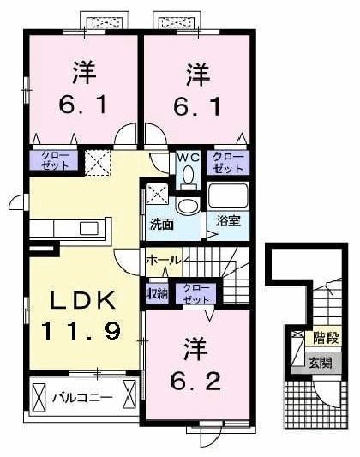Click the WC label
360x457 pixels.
(188, 157)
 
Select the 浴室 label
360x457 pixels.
(227, 220)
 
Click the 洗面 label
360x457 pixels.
(162, 225)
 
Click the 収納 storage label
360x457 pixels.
(158, 292)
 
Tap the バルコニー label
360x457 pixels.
(84, 397)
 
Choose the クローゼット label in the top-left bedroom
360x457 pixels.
(53, 159)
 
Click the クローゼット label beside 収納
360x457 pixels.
(195, 292)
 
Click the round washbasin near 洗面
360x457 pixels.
(185, 206)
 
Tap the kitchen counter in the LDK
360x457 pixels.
(69, 229)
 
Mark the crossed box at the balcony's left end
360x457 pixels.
(41, 397)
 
